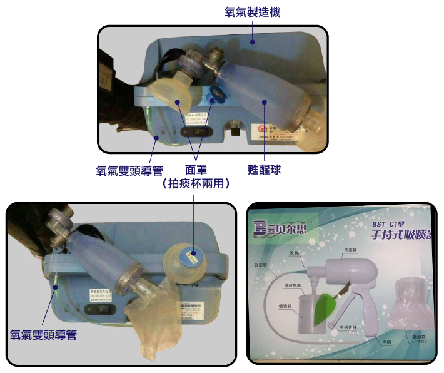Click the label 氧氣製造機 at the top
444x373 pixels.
pyautogui.click(x=253, y=11)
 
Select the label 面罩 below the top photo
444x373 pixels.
pyautogui.click(x=197, y=170)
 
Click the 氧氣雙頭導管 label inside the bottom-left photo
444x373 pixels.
pyautogui.click(x=43, y=335)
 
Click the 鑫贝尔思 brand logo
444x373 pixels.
pyautogui.click(x=288, y=227)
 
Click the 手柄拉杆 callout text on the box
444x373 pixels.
pyautogui.click(x=348, y=328)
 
